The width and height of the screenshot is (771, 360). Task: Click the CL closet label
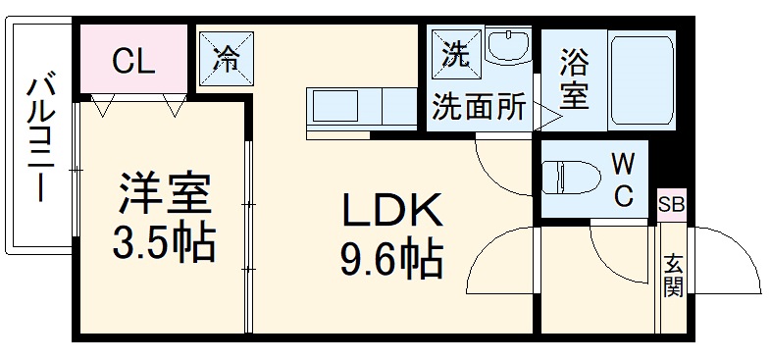132,62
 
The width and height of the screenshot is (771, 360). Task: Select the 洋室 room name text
166,193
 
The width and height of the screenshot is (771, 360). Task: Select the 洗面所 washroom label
480,107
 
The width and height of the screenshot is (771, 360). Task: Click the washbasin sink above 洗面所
507,50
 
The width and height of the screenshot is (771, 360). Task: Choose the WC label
622,179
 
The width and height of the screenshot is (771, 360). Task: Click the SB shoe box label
672,205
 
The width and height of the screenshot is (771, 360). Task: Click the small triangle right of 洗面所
549,118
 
